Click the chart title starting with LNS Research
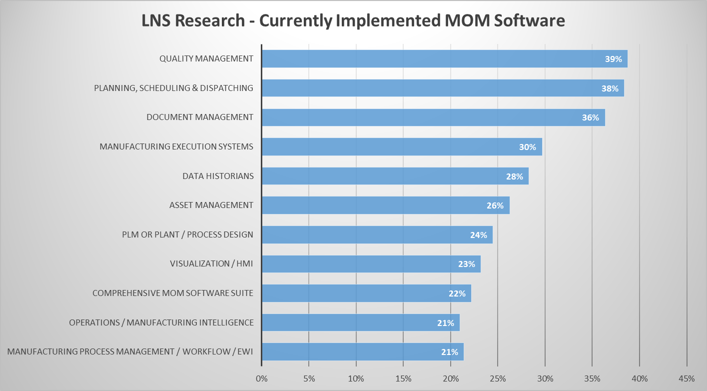[353, 20]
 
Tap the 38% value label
[610, 88]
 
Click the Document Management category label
[200, 117]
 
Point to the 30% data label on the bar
[527, 147]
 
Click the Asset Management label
[211, 205]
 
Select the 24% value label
[478, 235]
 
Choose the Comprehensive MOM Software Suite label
[173, 293]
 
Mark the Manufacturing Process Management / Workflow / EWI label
[130, 351]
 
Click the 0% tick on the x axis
[261, 378]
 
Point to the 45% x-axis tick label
[687, 378]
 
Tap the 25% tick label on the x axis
[498, 378]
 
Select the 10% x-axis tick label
[356, 378]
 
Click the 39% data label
[613, 59]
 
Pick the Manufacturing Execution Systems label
[176, 147]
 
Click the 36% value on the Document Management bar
[590, 117]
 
